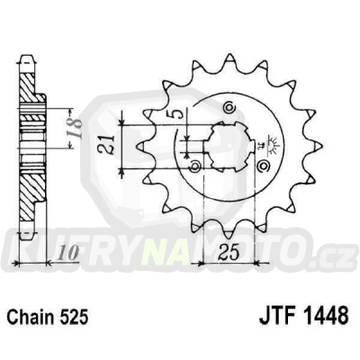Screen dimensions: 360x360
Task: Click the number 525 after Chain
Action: point(76,316)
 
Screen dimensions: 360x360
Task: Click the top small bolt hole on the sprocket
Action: point(229,109)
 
